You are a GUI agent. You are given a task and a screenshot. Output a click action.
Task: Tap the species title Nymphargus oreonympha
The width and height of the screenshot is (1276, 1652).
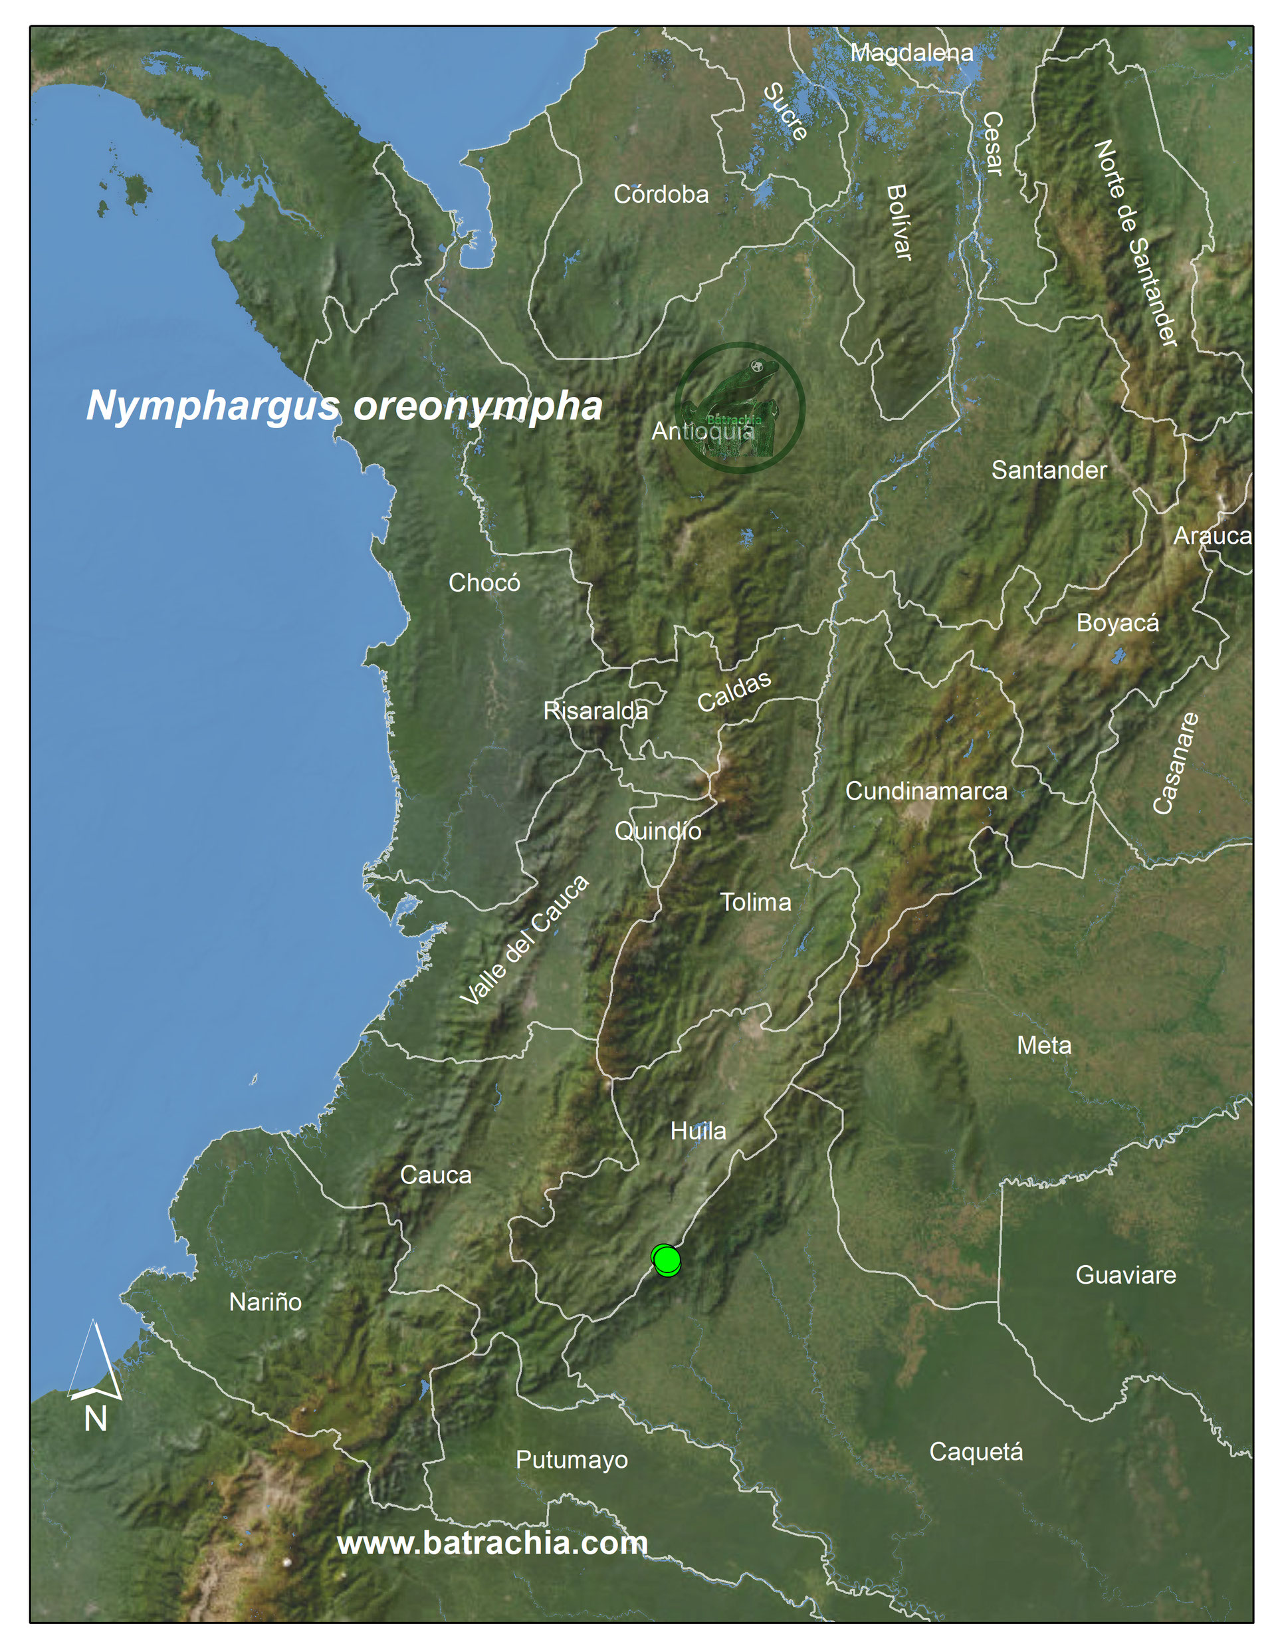[x=344, y=406]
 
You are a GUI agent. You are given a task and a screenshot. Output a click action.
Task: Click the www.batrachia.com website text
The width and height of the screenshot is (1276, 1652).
[x=492, y=1542]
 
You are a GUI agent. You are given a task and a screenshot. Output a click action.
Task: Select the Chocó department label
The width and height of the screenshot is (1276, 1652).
[x=484, y=583]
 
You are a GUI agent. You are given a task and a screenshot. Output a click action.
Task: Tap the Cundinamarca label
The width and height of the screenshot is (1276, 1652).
[x=926, y=791]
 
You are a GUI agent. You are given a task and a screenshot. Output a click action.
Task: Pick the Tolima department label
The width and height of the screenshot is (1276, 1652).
[x=755, y=901]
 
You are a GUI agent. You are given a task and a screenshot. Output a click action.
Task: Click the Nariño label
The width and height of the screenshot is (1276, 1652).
[x=265, y=1302]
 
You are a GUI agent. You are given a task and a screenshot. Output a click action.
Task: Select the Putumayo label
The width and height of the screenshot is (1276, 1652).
[x=571, y=1460]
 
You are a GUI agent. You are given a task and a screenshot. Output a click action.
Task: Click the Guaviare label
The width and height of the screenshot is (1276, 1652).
[x=1126, y=1274]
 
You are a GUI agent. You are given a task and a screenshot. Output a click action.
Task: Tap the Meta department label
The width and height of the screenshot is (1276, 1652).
[x=1044, y=1045]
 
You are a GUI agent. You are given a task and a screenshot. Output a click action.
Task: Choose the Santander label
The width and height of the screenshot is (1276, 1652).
[x=1049, y=470]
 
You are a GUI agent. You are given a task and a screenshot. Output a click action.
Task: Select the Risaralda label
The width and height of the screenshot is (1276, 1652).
[x=595, y=711]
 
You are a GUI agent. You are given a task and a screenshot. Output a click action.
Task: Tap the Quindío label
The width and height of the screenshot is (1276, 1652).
[x=657, y=831]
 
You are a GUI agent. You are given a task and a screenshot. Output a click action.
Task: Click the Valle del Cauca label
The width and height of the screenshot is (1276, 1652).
[x=524, y=940]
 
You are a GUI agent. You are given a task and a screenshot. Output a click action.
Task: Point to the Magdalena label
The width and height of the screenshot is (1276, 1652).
[x=911, y=53]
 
